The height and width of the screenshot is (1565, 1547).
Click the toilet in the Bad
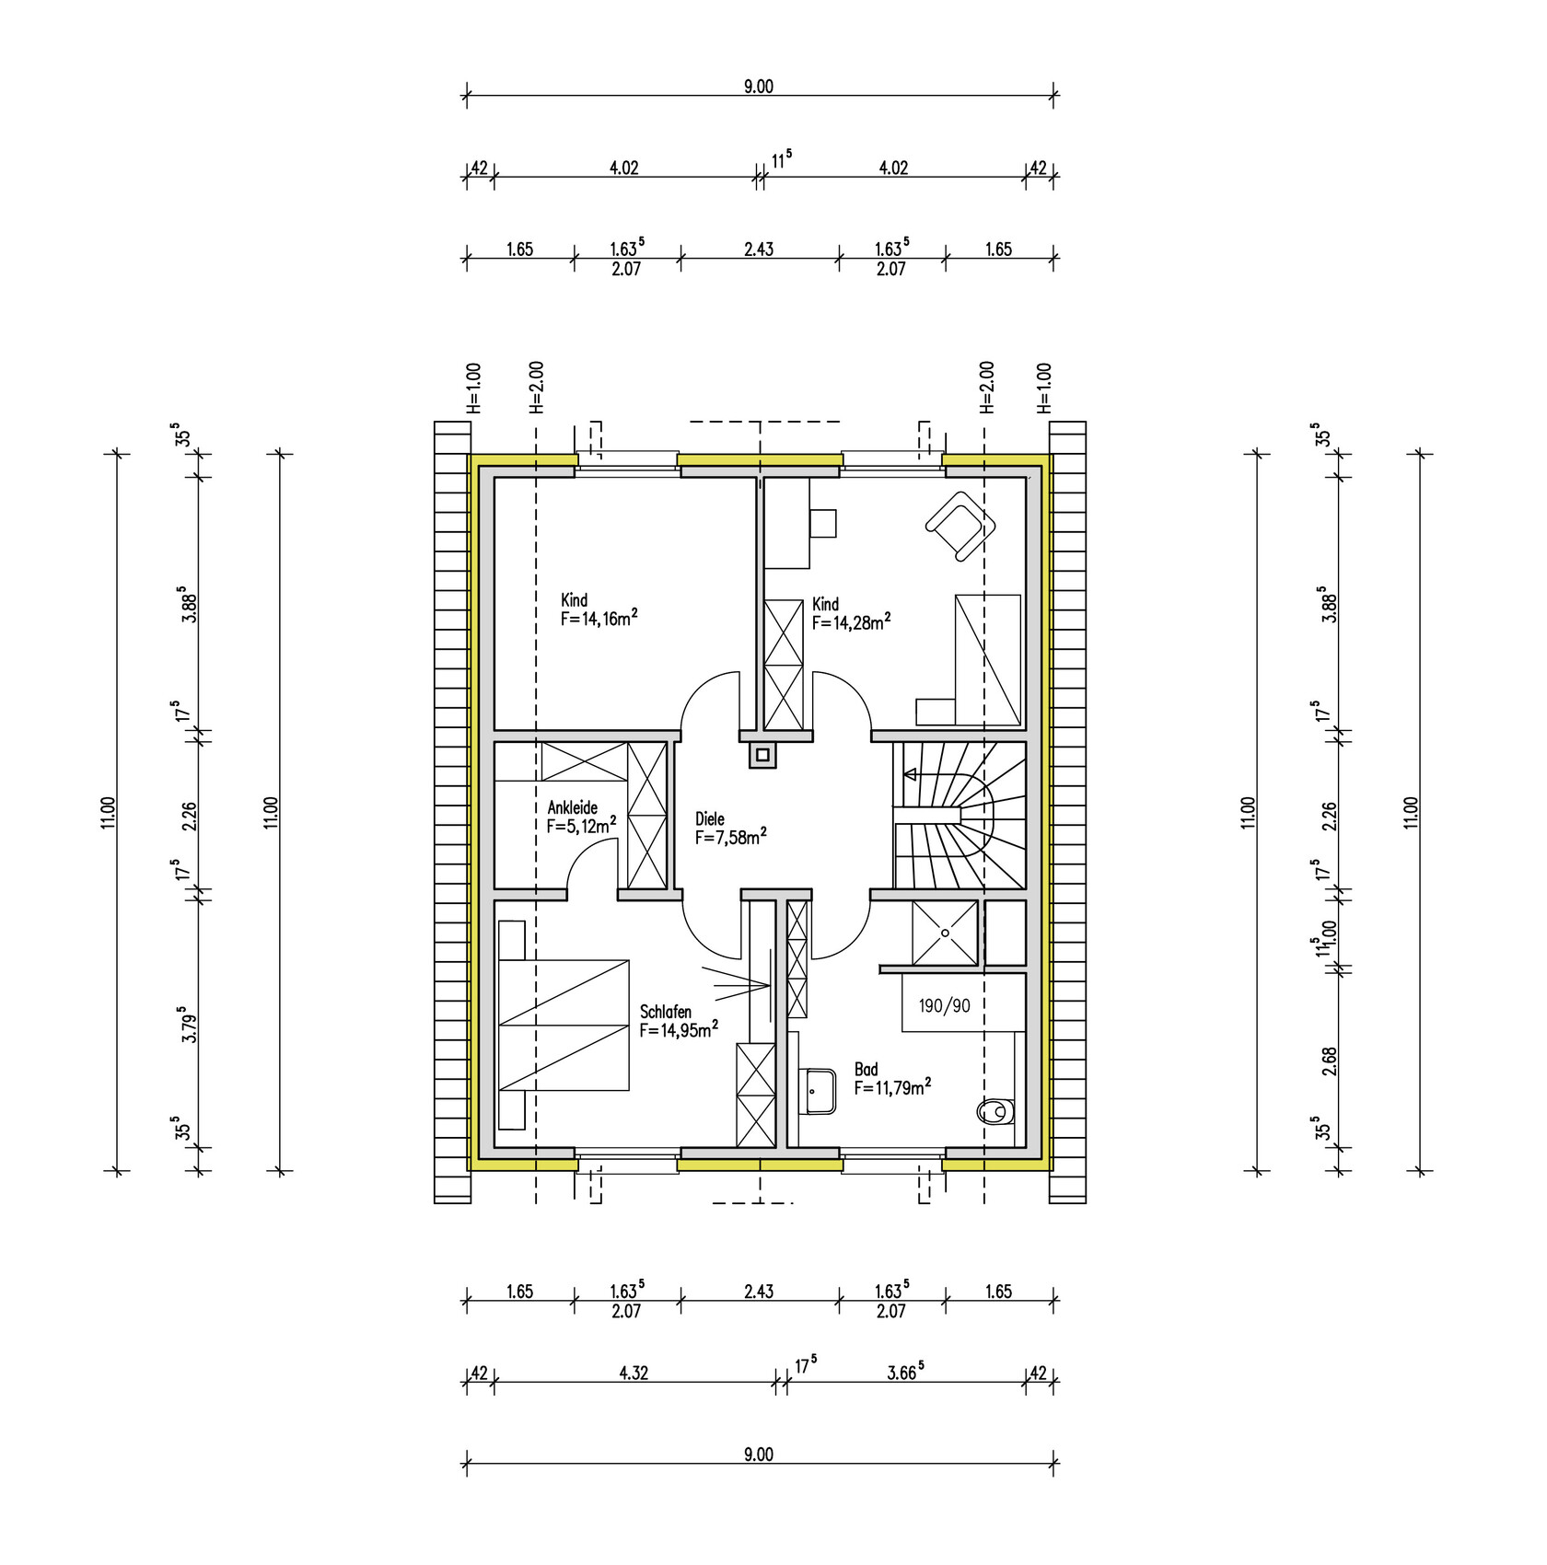[x=994, y=1113]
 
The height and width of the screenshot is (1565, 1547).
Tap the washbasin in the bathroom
[x=817, y=1091]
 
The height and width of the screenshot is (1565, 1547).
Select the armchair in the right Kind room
[x=960, y=526]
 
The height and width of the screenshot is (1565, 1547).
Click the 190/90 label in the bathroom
[x=944, y=1006]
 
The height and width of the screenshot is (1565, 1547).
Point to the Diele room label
[x=710, y=818]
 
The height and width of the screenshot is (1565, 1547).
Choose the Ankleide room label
[x=573, y=807]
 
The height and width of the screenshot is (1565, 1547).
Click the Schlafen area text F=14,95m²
[x=680, y=1029]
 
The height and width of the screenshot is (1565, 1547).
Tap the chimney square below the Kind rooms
[x=762, y=756]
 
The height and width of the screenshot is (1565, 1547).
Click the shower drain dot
[x=945, y=933]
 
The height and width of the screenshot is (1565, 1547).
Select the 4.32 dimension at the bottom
[x=634, y=1373]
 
